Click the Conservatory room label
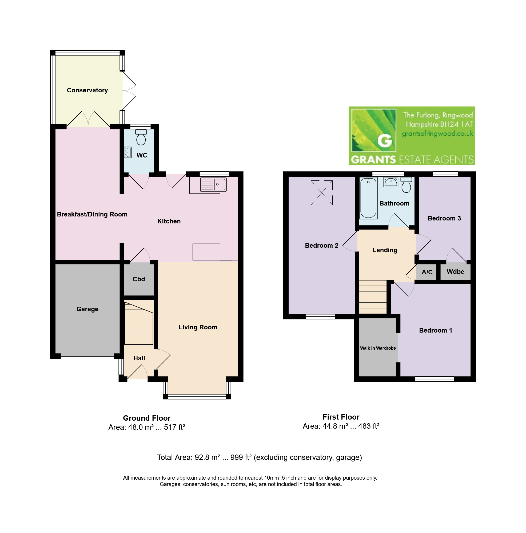click(87, 90)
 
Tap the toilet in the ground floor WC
click(141, 137)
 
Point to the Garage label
click(87, 309)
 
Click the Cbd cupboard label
click(139, 279)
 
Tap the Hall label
click(139, 358)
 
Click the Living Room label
click(198, 327)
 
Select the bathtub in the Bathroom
click(368, 198)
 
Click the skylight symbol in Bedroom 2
click(322, 192)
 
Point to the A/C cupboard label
click(427, 272)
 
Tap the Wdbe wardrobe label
click(455, 272)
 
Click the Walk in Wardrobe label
click(378, 348)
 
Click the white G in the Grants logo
click(385, 140)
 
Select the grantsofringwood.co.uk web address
click(437, 134)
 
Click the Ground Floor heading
click(147, 418)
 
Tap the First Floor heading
click(341, 417)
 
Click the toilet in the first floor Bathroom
click(406, 185)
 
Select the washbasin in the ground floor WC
click(128, 152)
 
